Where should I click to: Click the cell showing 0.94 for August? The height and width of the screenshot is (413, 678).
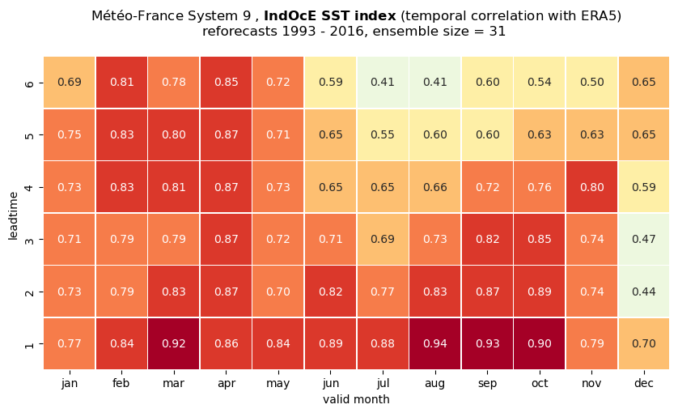coord(434,343)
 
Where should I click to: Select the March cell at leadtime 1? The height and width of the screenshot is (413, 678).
coord(174,343)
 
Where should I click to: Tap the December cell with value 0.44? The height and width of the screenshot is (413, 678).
coord(644,292)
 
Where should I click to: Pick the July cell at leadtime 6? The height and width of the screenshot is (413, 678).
coord(383,83)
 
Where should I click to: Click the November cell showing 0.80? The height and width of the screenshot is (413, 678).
coord(591,187)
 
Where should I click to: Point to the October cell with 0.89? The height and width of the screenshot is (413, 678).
coord(539,292)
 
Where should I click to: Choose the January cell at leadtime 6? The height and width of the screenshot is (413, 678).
coord(70,83)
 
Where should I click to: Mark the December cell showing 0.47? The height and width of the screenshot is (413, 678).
coord(644,239)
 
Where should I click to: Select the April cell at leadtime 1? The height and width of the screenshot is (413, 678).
coord(227,343)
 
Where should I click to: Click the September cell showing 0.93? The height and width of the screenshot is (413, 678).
coord(487,343)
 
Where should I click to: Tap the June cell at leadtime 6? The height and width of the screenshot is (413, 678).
coord(330,83)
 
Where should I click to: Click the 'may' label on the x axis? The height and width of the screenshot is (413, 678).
coord(278,384)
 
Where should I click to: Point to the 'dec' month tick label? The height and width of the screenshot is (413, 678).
coord(644,383)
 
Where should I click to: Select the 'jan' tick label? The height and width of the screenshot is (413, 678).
coord(70,384)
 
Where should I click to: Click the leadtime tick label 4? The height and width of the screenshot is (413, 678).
coord(29,187)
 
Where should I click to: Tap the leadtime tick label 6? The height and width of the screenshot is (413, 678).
coord(29,83)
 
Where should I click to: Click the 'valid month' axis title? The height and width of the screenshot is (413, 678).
coord(356,399)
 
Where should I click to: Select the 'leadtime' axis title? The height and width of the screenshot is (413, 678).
coord(14,215)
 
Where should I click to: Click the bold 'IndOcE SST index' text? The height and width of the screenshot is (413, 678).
coord(330,16)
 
